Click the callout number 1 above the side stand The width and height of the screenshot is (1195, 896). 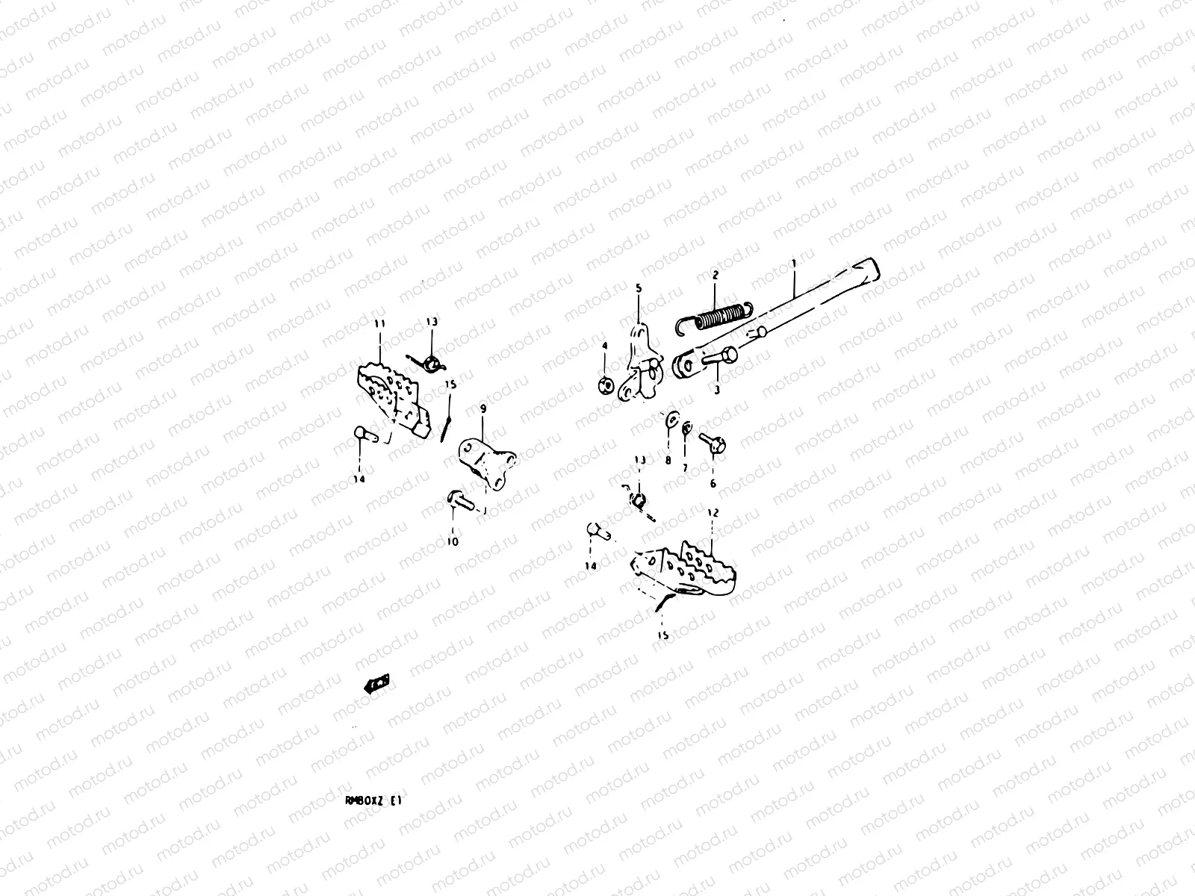click(x=793, y=264)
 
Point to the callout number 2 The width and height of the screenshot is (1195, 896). click(x=715, y=276)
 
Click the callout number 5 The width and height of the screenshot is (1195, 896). click(x=639, y=287)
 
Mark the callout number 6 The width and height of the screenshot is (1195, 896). click(x=713, y=484)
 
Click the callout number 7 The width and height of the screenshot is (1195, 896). click(x=684, y=468)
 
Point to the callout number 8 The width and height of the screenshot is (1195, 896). click(x=668, y=461)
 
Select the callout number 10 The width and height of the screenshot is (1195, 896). click(x=453, y=541)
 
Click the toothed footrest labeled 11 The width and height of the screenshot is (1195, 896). click(x=392, y=396)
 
